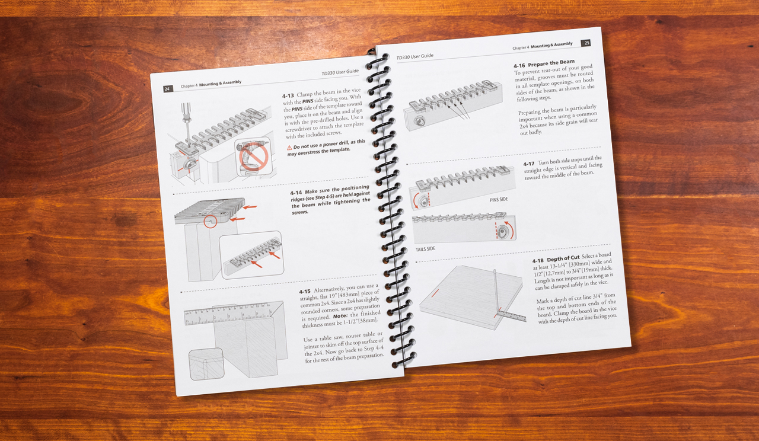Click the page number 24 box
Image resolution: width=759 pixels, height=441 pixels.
click(168, 89)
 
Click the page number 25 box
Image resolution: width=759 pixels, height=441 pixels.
click(586, 43)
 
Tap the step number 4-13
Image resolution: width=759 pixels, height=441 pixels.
click(288, 96)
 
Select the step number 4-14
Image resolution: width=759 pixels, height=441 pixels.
click(296, 193)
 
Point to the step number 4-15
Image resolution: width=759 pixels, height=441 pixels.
click(305, 291)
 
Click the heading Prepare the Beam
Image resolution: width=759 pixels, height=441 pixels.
click(551, 63)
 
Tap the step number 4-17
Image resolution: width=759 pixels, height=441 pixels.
click(529, 164)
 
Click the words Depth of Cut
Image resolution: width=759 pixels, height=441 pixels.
click(563, 258)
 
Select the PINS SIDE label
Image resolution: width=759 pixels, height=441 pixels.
click(499, 200)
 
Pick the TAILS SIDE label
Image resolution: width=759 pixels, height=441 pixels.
click(425, 250)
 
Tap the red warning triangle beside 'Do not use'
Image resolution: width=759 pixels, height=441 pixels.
click(289, 148)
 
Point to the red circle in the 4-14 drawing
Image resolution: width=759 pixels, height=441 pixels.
click(211, 222)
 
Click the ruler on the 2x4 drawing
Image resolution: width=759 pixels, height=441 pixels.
click(228, 314)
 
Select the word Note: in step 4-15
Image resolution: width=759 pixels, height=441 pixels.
click(340, 316)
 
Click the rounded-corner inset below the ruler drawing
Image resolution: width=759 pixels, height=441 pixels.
click(206, 365)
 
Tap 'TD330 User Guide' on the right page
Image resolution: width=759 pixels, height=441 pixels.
click(414, 56)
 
